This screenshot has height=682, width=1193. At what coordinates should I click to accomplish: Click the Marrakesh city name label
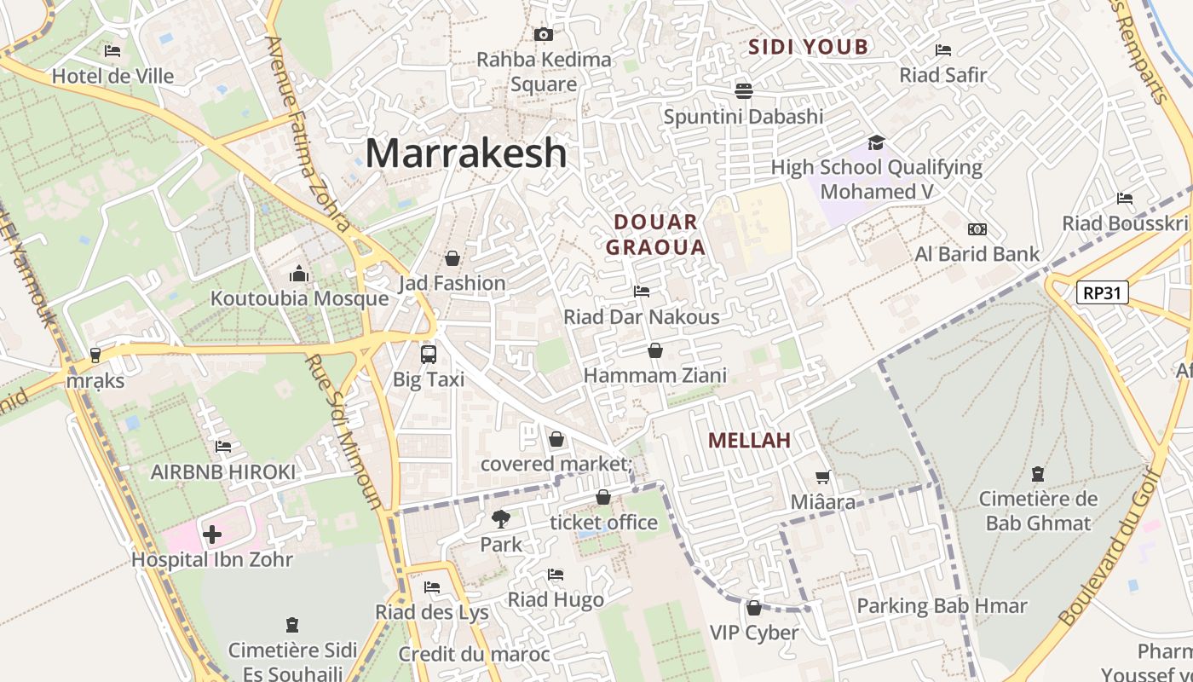[x=466, y=153]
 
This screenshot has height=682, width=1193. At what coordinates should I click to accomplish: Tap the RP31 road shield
[x=1102, y=293]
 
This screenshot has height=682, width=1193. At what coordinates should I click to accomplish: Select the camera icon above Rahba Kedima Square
[x=543, y=34]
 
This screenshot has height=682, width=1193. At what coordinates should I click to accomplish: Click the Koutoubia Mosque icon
[x=298, y=274]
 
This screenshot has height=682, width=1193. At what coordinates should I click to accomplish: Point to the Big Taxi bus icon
[x=429, y=354]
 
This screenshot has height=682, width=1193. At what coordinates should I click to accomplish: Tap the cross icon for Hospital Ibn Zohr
[x=212, y=535]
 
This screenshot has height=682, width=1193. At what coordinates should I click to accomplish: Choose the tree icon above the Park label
[x=501, y=518]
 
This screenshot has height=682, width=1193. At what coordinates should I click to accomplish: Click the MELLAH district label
[x=750, y=441]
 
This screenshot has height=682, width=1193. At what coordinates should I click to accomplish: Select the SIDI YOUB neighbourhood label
[x=808, y=47]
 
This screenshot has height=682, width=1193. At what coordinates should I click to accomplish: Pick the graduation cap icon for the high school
[x=876, y=142]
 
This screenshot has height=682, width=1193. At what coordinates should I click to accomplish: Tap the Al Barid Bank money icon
[x=977, y=228]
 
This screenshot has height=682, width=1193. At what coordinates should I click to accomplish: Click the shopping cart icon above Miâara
[x=822, y=477]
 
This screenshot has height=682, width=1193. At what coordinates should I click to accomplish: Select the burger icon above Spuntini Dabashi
[x=744, y=90]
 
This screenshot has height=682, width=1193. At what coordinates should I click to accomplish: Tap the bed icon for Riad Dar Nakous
[x=642, y=292]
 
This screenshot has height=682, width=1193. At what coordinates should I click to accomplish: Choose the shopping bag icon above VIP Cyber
[x=753, y=608]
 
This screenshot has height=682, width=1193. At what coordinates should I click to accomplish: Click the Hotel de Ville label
[x=112, y=76]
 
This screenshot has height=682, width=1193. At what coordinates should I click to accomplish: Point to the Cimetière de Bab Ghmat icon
[x=1037, y=473]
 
